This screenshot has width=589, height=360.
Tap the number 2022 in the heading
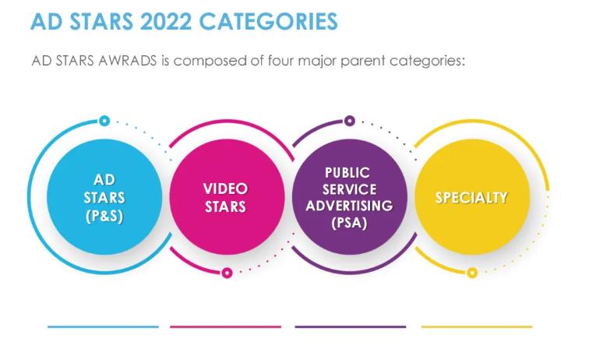click(166, 21)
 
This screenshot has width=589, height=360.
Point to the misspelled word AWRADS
click(127, 61)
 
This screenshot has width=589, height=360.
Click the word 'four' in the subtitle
click(280, 61)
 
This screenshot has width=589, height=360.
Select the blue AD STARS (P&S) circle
click(104, 197)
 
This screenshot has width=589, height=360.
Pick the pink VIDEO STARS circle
click(227, 197)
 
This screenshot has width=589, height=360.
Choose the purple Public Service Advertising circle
click(350, 197)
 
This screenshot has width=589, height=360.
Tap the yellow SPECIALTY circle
click(472, 197)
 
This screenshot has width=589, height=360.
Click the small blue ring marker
click(104, 121)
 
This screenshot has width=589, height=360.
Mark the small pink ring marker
click(227, 273)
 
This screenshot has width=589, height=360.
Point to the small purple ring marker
click(350, 121)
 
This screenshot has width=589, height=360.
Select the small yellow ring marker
click(472, 273)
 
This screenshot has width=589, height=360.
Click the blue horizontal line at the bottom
click(103, 327)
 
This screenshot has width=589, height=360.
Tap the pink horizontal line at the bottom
click(225, 327)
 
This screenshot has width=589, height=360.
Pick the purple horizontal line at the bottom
click(351, 327)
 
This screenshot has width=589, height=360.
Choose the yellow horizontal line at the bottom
click(477, 327)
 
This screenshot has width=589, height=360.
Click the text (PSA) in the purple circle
click(349, 223)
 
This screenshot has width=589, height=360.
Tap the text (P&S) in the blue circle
click(104, 217)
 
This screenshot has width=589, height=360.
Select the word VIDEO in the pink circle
click(225, 189)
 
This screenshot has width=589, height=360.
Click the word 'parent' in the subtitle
click(362, 61)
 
